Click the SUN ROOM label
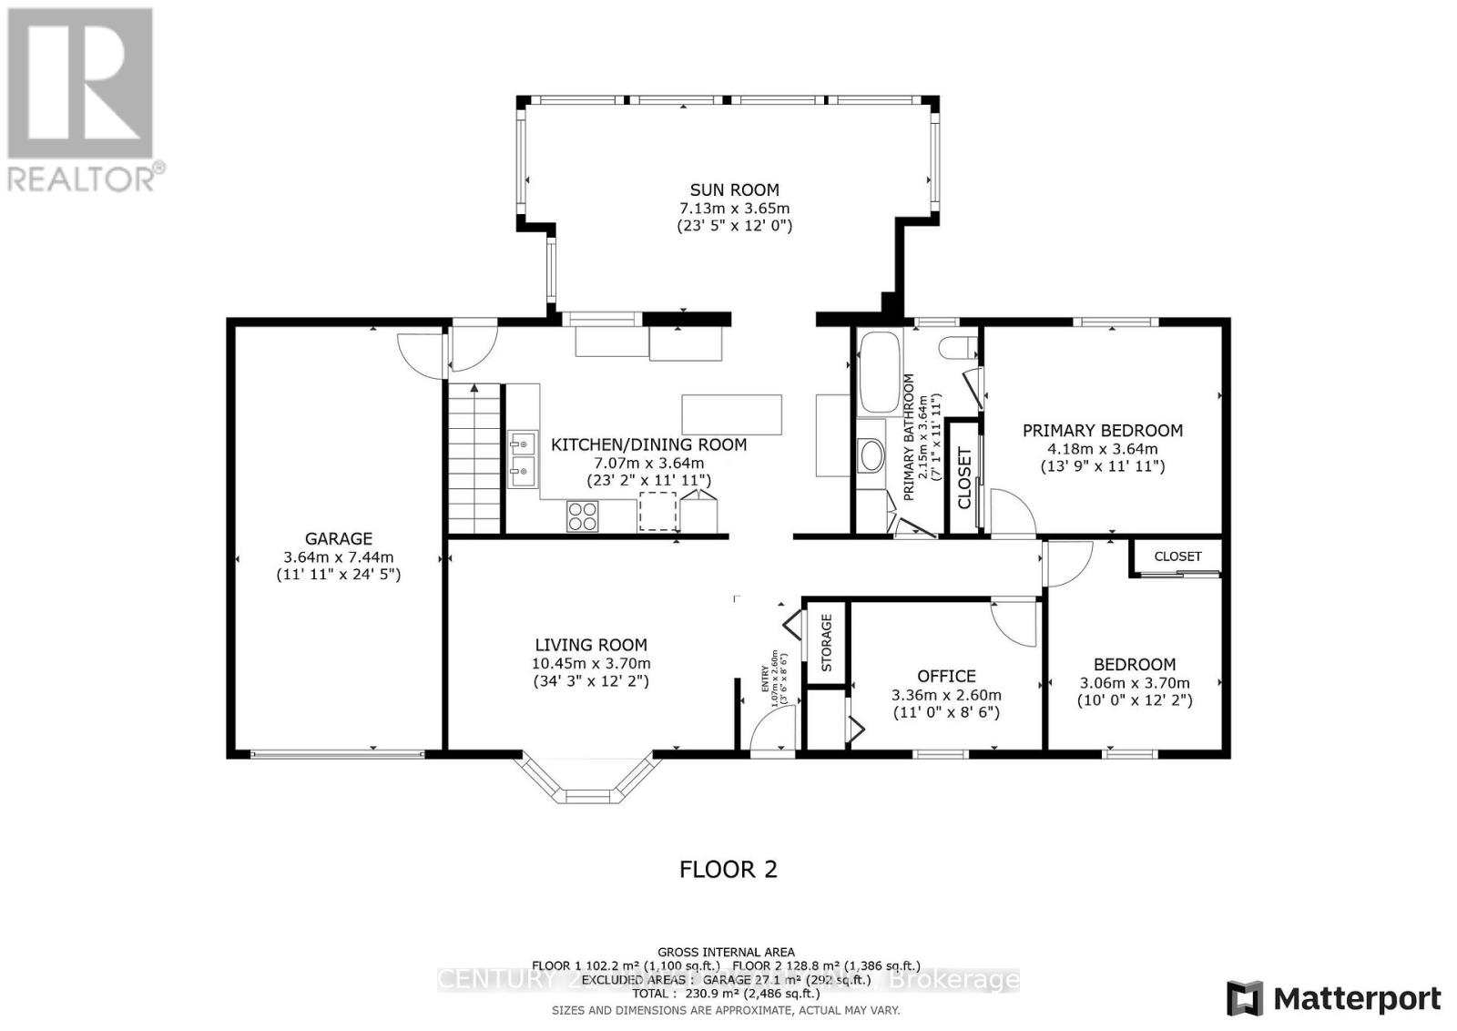(734, 189)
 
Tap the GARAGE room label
(338, 538)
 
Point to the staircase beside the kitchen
(474, 458)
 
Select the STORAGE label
(827, 643)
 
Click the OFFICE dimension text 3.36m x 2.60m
(946, 695)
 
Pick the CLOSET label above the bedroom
(1177, 556)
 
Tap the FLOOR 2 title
(728, 869)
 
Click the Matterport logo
(1334, 998)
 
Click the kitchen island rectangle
(731, 414)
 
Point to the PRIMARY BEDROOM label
(1102, 431)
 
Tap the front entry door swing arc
(774, 729)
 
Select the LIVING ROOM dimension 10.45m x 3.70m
(591, 664)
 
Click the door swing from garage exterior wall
(418, 355)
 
